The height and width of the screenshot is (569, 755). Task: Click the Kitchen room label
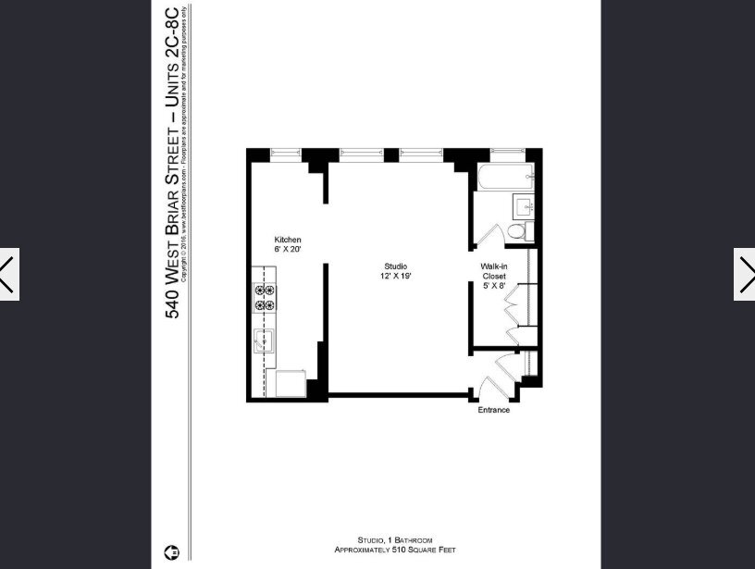(x=288, y=240)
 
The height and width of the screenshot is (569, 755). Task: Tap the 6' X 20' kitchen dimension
(x=288, y=250)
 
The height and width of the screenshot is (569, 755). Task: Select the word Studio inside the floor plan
(x=395, y=266)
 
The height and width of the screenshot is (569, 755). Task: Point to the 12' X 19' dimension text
(x=395, y=277)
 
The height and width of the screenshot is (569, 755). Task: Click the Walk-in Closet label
(x=492, y=271)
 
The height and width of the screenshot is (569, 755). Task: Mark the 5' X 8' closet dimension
(x=492, y=287)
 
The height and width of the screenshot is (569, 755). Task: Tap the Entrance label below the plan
(x=493, y=410)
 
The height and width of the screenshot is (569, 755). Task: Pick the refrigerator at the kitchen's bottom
(x=291, y=383)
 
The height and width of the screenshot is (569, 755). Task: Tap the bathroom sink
(x=521, y=206)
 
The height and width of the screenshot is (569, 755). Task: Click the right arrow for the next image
(x=745, y=274)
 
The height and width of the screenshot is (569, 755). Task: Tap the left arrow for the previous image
(x=9, y=274)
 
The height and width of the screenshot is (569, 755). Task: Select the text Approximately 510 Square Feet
(x=395, y=550)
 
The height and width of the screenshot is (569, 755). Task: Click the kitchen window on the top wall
(x=286, y=153)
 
